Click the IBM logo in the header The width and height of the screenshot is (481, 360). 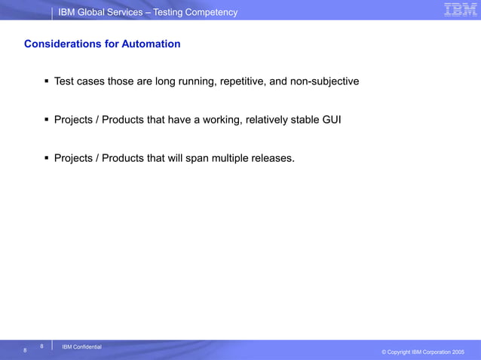[459, 10]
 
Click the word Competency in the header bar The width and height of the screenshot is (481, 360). [212, 12]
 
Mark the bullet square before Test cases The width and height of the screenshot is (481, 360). [47, 81]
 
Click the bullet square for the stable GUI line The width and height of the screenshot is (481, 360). [47, 119]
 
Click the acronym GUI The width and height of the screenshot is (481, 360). [332, 119]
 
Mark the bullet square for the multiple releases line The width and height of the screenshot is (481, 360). [47, 158]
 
